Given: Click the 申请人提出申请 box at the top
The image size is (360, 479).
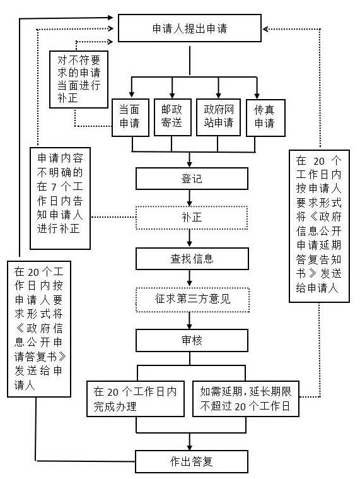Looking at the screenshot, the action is tap(190, 28).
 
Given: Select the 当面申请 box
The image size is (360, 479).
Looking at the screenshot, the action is tap(131, 117).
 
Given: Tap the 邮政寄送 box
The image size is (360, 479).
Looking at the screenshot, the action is tap(172, 117).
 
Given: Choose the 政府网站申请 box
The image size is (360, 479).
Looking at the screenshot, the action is tap(218, 117).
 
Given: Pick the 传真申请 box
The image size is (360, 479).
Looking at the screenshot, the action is tap(265, 117).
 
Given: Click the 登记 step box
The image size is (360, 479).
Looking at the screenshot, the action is tap(192, 179).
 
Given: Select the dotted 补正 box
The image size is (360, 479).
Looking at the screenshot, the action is tap(192, 218).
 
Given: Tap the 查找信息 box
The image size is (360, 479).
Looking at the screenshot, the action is tap(192, 259).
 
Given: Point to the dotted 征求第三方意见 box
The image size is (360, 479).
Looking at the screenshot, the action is tap(192, 299).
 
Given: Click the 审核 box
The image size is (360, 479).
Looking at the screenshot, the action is tap(192, 340).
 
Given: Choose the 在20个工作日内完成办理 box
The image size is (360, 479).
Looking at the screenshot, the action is tap(136, 398).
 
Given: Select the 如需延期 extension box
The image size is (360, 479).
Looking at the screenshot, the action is tap(246, 398).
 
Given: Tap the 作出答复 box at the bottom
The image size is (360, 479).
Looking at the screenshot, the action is tap(192, 461).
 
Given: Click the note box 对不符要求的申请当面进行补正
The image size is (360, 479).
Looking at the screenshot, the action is tap(79, 79).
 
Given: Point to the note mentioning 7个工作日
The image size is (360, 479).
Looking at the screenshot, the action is tap(60, 198).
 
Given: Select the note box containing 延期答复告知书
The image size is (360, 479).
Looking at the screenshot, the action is tap(319, 226).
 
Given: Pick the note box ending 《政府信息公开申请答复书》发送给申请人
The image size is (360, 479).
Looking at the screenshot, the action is tap(39, 329).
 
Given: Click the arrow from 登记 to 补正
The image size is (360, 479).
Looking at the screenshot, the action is tap(190, 198).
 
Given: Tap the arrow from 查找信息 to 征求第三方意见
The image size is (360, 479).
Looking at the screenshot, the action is tap(190, 278).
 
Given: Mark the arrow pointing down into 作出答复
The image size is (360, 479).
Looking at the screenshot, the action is tap(190, 441).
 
